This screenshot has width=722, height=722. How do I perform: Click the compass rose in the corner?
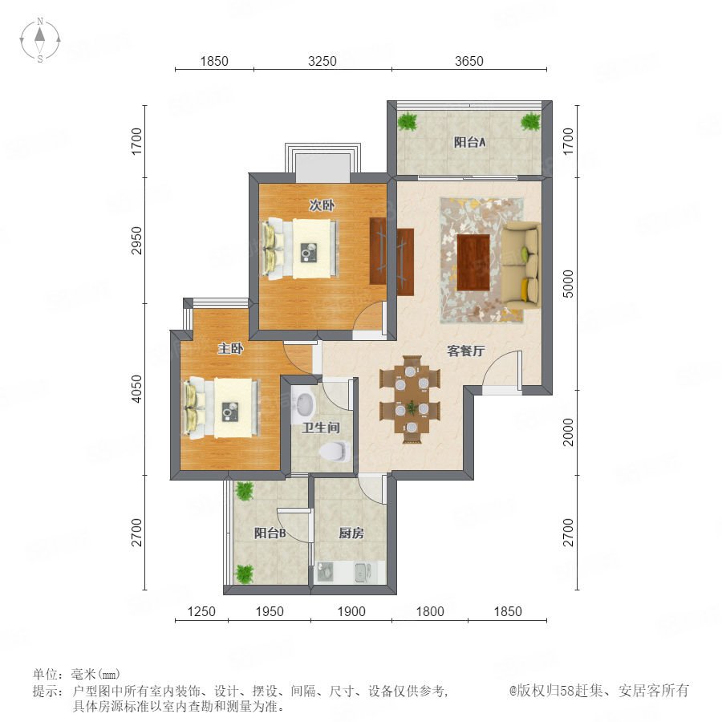click(40, 40)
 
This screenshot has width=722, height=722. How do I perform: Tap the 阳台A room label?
click(469, 142)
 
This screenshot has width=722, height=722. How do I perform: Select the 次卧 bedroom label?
click(322, 205)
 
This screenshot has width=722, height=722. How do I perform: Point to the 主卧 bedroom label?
click(230, 349)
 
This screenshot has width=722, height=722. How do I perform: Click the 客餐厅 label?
click(466, 351)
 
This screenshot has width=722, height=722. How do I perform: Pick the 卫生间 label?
click(321, 428)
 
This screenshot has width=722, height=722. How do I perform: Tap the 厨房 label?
click(351, 533)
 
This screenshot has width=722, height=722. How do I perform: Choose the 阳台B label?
click(270, 533)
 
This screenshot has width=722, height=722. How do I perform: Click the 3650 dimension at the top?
click(469, 61)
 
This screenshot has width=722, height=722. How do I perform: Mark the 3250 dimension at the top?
click(322, 61)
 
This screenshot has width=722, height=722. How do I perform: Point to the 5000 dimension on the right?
click(569, 284)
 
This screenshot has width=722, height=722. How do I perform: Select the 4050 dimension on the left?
click(136, 388)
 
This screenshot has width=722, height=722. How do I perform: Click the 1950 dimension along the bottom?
click(270, 611)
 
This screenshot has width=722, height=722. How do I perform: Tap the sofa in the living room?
click(521, 263)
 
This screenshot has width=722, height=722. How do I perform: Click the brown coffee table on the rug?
click(473, 262)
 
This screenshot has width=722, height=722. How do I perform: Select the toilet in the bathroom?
click(335, 451)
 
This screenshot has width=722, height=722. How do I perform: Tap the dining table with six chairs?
click(412, 400)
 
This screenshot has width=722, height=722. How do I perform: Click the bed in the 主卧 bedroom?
click(222, 407)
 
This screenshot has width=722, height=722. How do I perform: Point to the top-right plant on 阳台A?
click(530, 121)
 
